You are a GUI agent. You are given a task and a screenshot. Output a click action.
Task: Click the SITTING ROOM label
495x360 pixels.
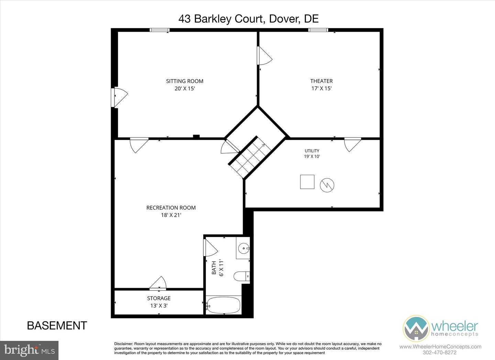pos(185,81)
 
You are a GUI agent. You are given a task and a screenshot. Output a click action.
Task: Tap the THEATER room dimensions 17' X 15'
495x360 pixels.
pos(321,88)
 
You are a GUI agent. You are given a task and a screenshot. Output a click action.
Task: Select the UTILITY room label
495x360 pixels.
pos(312,151)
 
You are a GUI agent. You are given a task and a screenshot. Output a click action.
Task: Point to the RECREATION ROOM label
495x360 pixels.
pos(171,208)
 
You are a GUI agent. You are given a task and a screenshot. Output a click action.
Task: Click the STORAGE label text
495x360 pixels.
pos(159,298)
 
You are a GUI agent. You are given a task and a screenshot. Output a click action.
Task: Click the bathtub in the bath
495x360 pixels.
pos(224,305)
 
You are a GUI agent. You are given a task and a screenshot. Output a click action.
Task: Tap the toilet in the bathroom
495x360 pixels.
pos(242,276)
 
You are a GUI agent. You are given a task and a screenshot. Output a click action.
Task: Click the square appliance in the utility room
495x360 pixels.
pos(307,182)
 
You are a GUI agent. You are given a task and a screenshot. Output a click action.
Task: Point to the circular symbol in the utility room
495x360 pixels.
pos(327,185)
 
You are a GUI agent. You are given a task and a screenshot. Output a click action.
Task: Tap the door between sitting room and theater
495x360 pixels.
pos(264,56)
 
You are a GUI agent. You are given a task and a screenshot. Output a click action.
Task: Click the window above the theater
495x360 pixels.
pos(318,30)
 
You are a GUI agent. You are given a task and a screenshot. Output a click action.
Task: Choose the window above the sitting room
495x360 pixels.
pos(159,30)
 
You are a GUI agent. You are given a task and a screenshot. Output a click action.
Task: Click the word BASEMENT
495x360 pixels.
pos(57,326)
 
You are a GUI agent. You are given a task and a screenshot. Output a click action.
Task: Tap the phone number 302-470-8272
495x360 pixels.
pos(440,353)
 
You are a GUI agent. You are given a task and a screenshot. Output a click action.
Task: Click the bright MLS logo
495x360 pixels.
pos(29,350)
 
